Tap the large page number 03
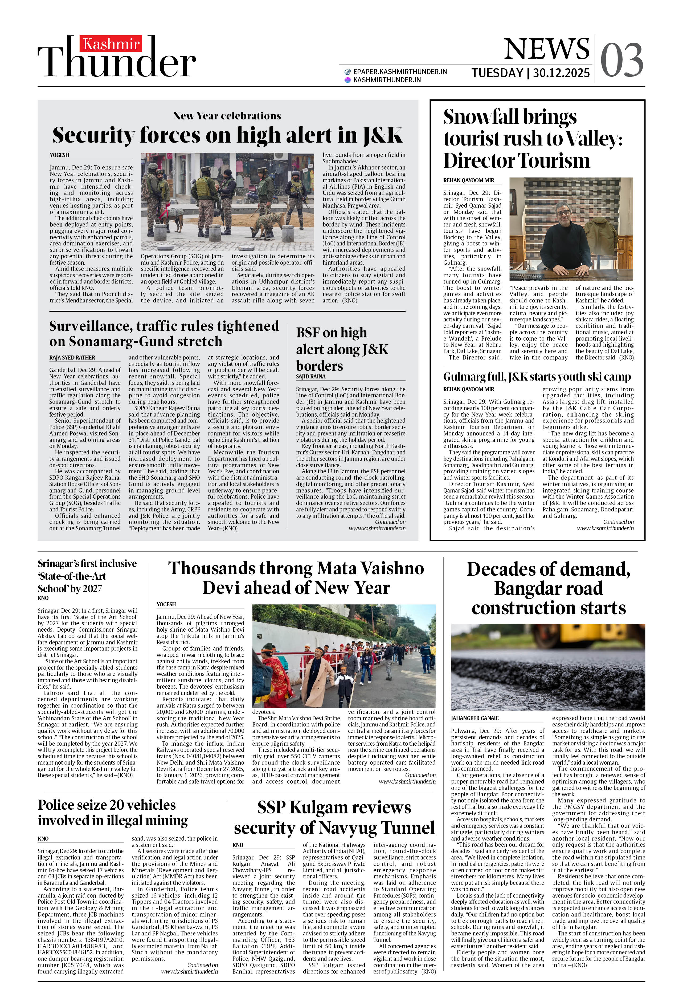[621, 60]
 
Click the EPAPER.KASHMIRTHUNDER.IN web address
[400, 71]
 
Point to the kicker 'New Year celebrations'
[227, 116]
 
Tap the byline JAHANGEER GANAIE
[475, 718]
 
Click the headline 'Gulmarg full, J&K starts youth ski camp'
[537, 377]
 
